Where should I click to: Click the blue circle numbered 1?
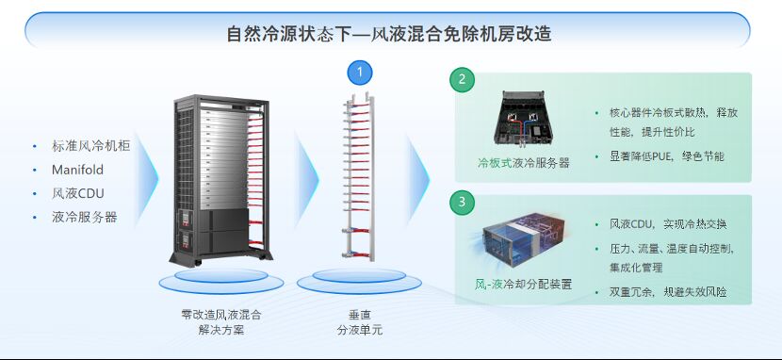click(x=360, y=74)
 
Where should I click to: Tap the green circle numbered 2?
click(x=462, y=79)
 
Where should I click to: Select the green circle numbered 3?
click(x=462, y=202)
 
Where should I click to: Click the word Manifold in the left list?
click(x=78, y=170)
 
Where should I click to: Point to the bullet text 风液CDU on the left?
click(x=78, y=193)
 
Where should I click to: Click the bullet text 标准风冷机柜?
click(x=90, y=145)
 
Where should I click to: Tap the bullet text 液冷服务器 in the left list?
click(x=84, y=218)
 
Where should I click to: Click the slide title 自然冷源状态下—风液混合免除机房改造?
click(x=389, y=34)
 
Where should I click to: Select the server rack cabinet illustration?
click(x=221, y=181)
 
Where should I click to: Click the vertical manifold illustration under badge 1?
click(x=359, y=175)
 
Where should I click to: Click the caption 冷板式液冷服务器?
click(x=523, y=163)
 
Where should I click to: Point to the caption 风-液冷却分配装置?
click(x=523, y=285)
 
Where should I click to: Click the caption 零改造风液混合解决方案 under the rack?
click(x=220, y=322)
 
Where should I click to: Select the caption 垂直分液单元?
click(x=360, y=322)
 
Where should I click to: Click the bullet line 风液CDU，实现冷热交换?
click(x=668, y=224)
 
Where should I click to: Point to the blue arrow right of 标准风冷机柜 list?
click(x=148, y=177)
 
